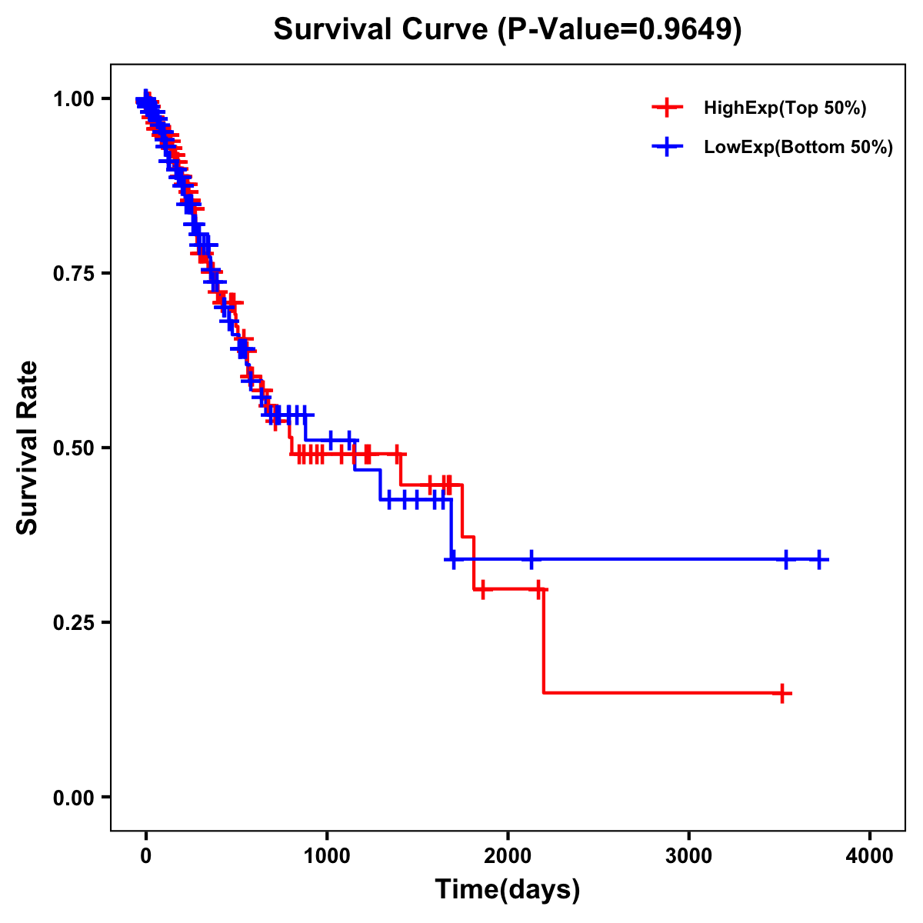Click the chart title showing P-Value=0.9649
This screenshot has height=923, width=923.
coord(508,30)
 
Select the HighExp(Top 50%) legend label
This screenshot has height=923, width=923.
coord(785,108)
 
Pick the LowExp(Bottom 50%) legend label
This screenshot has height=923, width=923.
coord(798,148)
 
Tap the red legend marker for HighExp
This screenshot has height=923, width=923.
coord(667,108)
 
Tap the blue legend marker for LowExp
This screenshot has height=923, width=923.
coord(667,147)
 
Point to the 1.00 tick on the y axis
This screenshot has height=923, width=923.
coord(72,99)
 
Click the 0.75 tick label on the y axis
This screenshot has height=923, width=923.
coord(72,274)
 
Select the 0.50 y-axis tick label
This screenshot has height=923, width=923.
coord(72,448)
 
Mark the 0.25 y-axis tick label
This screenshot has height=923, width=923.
coord(72,623)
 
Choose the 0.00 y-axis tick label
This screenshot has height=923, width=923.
coord(72,798)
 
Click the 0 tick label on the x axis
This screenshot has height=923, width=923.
coord(145,856)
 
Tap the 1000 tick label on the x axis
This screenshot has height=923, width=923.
coord(327,856)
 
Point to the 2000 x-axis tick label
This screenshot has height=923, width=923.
coord(508,856)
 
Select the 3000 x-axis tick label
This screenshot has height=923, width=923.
coord(688,856)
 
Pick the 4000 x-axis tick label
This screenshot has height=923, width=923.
coord(870,856)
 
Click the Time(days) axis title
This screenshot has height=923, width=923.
coord(508,890)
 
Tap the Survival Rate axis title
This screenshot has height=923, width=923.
coord(28,448)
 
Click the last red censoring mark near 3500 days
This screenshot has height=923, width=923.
coord(782,693)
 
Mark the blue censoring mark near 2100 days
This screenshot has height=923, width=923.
coord(530,559)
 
